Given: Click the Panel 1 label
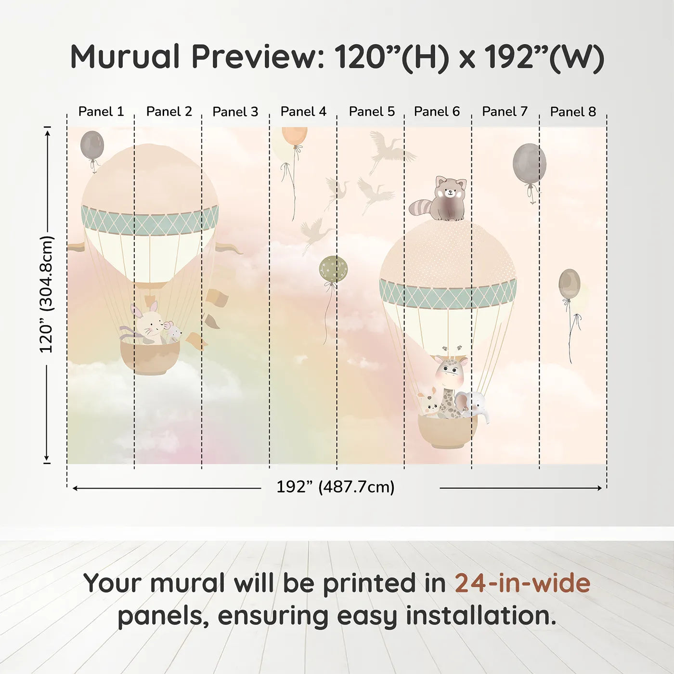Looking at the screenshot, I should [x=101, y=112].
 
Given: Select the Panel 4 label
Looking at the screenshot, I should [x=303, y=112].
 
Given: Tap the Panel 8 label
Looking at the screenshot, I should [x=573, y=112].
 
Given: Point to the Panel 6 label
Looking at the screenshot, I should [x=437, y=112].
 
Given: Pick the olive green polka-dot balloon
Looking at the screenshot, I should [x=333, y=269].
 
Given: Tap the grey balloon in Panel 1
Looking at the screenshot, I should [x=92, y=144].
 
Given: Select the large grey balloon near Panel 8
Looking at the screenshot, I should [x=529, y=164].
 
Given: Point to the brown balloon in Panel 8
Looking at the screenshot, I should [x=569, y=284].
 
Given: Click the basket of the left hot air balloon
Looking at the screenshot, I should [x=150, y=358].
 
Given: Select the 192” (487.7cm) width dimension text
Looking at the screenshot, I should [x=335, y=487].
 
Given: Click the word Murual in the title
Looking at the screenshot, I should [x=125, y=57].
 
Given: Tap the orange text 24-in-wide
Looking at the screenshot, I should [x=522, y=583].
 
